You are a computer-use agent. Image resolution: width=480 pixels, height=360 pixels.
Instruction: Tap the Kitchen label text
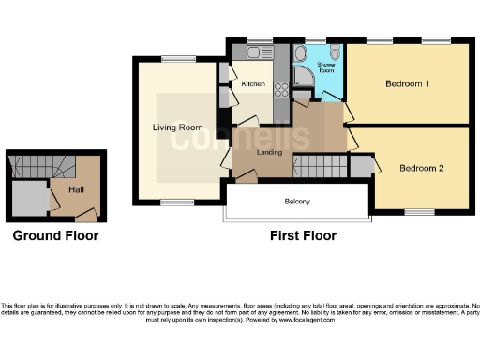254,85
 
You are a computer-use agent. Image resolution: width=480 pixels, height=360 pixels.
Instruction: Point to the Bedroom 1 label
407,83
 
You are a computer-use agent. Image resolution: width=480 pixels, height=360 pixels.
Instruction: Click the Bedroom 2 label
421,169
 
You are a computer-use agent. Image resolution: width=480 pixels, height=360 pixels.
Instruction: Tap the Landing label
270,152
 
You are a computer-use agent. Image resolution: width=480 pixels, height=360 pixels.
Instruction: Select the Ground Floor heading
55,235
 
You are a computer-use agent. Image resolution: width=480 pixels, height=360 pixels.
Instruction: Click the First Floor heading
302,235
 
